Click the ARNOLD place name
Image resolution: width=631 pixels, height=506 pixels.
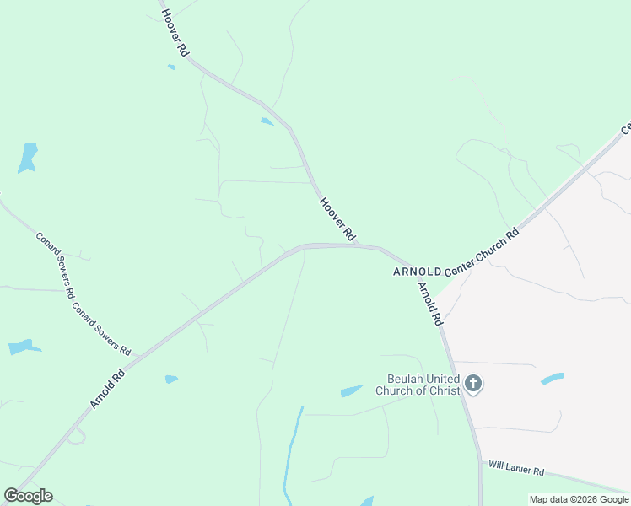[x=417, y=272]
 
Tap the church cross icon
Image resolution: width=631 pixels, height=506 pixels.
[x=473, y=385]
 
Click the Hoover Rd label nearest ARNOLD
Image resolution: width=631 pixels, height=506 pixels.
[x=338, y=218]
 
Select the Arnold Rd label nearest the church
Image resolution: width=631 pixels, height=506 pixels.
[x=429, y=303]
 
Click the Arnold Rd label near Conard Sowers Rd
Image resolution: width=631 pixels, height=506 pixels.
[x=108, y=388]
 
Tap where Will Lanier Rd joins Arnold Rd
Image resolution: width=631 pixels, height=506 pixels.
[x=480, y=461]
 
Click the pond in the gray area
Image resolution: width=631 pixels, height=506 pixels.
[x=552, y=379]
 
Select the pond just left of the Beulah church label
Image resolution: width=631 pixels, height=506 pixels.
[x=352, y=390]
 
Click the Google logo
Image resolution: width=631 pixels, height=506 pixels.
[x=28, y=496]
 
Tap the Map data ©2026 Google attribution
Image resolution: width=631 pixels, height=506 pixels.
[x=580, y=499]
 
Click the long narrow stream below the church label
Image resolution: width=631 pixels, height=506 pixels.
[x=292, y=455]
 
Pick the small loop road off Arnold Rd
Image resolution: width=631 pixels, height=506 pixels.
[x=75, y=436]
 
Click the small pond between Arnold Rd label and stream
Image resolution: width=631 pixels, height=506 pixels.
[x=171, y=379]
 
